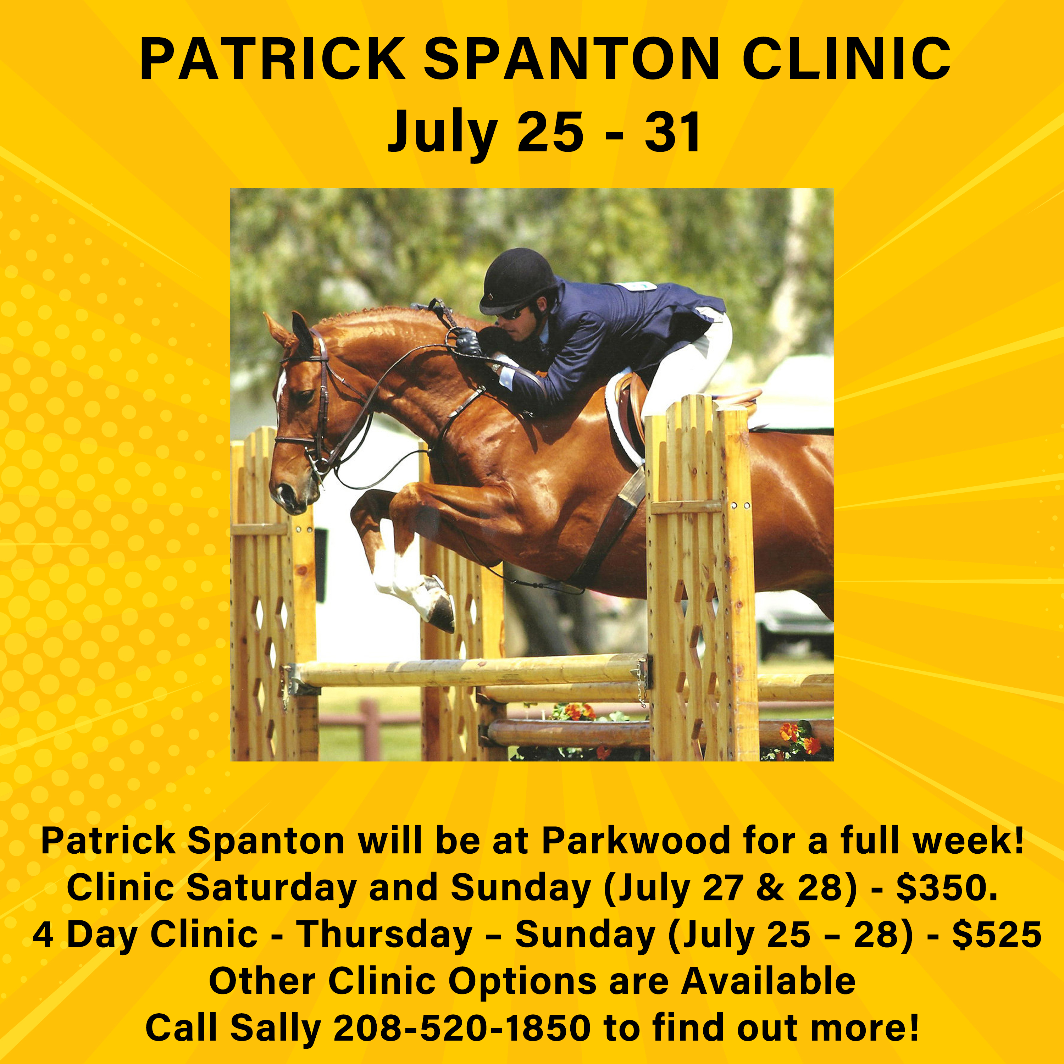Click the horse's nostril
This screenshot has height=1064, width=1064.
click(x=285, y=491)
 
